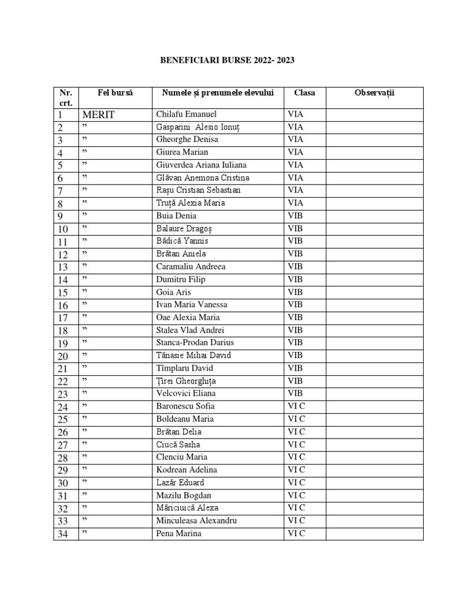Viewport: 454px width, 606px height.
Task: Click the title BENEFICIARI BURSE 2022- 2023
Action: pos(227,60)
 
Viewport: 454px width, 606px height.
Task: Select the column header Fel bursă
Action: pos(115,93)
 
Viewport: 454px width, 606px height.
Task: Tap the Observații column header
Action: pos(374,93)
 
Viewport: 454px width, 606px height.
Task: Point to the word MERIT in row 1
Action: pos(98,114)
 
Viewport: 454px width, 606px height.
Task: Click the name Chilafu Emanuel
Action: pos(186,114)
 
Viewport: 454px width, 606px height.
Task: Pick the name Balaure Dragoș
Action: pos(184,228)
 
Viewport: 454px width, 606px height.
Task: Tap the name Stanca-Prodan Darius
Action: pos(195,343)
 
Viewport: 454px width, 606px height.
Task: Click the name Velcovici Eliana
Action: pos(186,394)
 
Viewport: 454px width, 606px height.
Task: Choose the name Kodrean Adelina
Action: pos(187,470)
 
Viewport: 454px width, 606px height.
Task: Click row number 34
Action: pos(63,534)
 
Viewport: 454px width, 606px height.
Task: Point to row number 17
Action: pos(63,318)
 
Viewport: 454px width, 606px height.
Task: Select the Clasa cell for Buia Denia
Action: pos(295,216)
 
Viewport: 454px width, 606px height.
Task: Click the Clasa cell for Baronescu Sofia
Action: pos(296,407)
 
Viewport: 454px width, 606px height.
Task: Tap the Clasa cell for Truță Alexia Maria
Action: pos(295,203)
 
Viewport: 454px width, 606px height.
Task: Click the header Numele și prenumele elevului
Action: pos(218,93)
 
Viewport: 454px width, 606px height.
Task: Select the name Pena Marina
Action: pos(179,534)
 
